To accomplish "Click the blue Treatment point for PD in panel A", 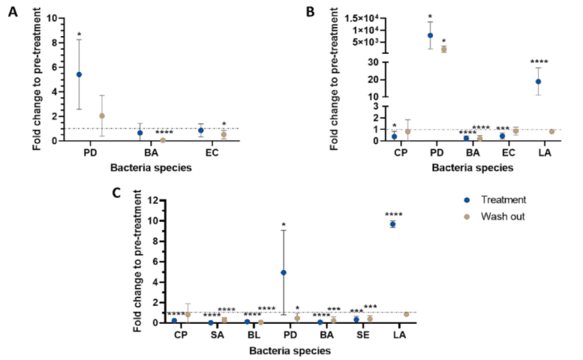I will pyautogui.click(x=79, y=74).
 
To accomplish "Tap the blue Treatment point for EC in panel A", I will pyautogui.click(x=200, y=130).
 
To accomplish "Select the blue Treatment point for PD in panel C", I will pyautogui.click(x=283, y=272).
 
